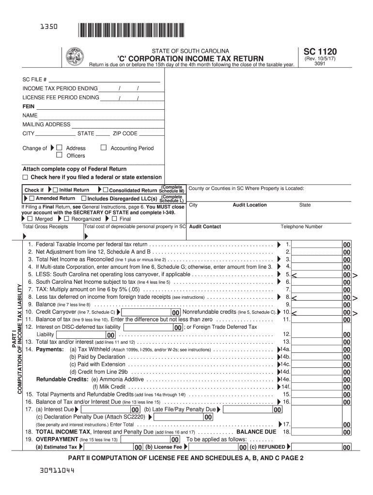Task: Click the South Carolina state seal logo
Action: (x=75, y=57)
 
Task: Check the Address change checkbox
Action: (x=60, y=148)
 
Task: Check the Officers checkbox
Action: (x=60, y=155)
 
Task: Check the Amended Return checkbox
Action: (x=32, y=198)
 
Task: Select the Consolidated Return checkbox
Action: (x=105, y=190)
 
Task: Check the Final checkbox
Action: (x=114, y=218)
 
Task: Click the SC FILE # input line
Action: (x=104, y=79)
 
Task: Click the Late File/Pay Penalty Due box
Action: (x=251, y=409)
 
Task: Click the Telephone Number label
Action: (x=301, y=226)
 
